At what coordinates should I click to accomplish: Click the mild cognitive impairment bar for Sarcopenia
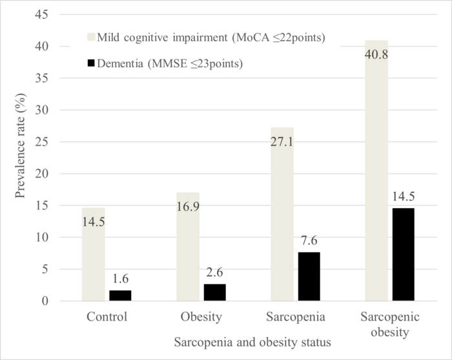click(281, 214)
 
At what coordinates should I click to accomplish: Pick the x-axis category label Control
click(105, 318)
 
